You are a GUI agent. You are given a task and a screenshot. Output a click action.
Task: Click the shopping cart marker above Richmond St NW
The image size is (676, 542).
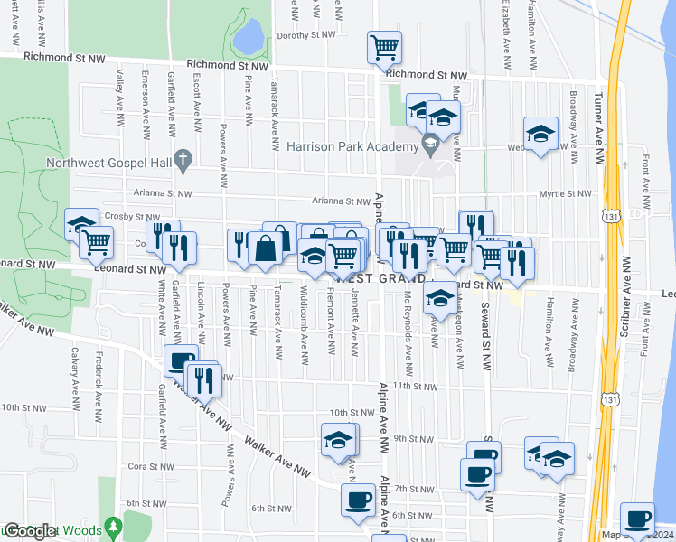[384, 46]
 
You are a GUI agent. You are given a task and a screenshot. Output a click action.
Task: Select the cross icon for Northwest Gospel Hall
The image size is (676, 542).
[183, 161]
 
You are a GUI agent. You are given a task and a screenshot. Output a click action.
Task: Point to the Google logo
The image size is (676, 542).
[30, 531]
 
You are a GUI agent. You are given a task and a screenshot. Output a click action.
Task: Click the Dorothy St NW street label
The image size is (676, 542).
[306, 36]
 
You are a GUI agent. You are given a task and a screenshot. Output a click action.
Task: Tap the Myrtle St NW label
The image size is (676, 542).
[564, 193]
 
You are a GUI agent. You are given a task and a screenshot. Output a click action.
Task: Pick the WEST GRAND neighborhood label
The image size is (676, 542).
[386, 278]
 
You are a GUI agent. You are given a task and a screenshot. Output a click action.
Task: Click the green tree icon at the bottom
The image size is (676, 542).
[112, 526]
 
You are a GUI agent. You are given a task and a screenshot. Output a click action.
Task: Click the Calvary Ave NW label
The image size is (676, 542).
[75, 375]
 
